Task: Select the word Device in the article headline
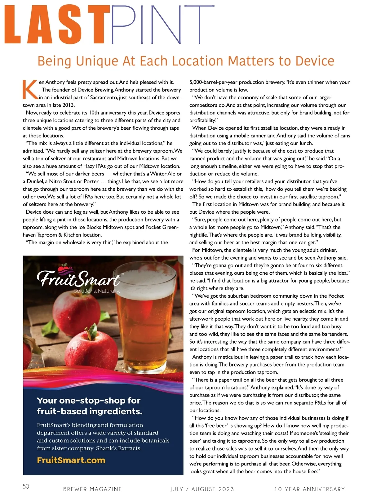315,61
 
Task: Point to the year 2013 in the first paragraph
68,105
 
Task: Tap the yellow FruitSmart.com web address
71,460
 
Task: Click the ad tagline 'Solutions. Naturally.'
97,291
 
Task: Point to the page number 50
26,486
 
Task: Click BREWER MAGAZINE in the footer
92,489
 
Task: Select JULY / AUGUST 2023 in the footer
202,489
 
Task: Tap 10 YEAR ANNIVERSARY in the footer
309,489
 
